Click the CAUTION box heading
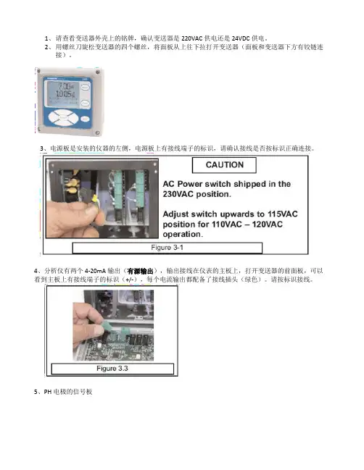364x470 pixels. click(x=225, y=165)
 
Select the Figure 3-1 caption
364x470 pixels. click(x=167, y=248)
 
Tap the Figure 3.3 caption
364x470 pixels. click(x=112, y=369)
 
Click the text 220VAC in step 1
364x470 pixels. click(x=191, y=38)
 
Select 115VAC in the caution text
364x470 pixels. click(x=282, y=214)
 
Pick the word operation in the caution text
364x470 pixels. click(x=182, y=234)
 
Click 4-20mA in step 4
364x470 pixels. click(x=95, y=271)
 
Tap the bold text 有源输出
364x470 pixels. click(x=140, y=272)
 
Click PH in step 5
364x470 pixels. click(x=47, y=392)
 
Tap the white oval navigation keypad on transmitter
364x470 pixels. click(x=63, y=117)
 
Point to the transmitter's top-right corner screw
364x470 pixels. click(x=97, y=72)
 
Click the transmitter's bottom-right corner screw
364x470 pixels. click(x=98, y=133)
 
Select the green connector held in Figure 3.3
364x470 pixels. click(x=115, y=329)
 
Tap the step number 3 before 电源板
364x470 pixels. click(x=42, y=148)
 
